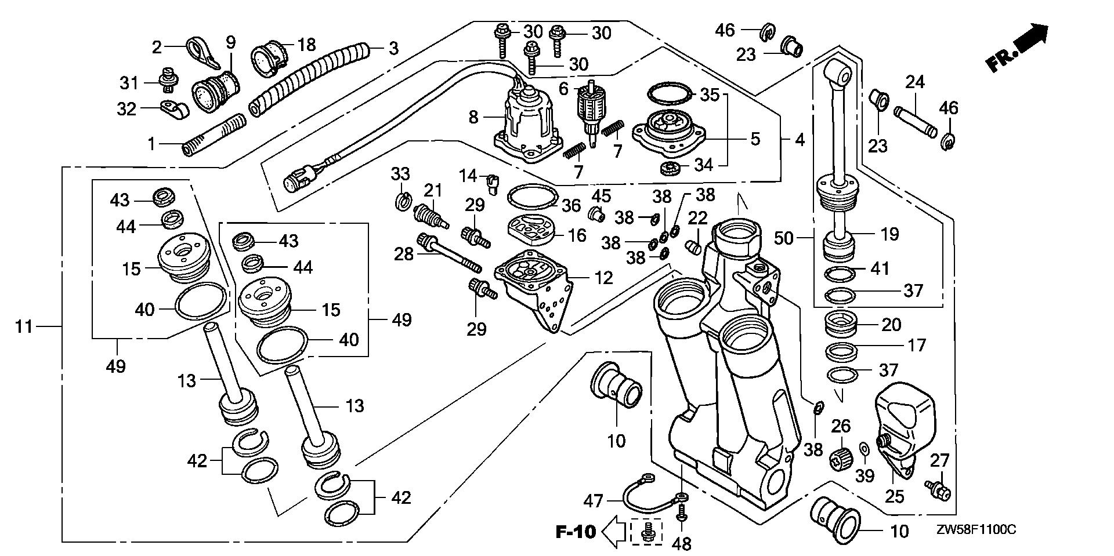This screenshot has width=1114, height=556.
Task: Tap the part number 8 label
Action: pyautogui.click(x=473, y=118)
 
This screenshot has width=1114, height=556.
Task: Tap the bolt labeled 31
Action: pyautogui.click(x=167, y=82)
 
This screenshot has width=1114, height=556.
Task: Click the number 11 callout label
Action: pyautogui.click(x=24, y=327)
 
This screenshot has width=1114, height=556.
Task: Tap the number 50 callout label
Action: pyautogui.click(x=783, y=238)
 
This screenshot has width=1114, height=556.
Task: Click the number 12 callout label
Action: pyautogui.click(x=603, y=278)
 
